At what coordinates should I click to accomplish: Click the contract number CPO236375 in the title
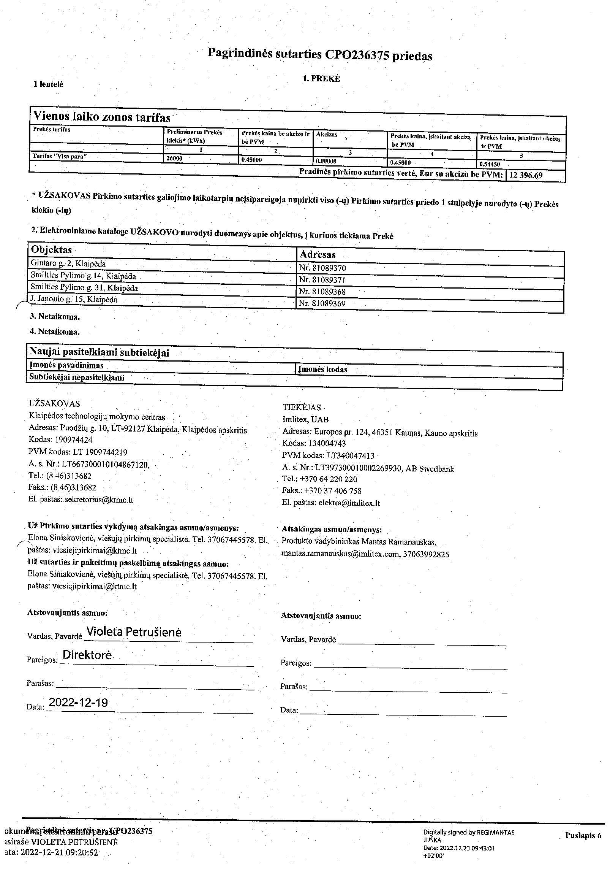tap(357, 56)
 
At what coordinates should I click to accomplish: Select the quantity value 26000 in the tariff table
tap(175, 158)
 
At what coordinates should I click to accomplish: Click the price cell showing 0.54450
tap(490, 164)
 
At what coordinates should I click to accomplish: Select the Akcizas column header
tap(327, 135)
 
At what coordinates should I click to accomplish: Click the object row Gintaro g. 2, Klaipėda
tap(68, 263)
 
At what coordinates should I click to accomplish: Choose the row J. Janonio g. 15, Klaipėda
tap(74, 300)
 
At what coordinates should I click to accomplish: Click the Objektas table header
tap(51, 250)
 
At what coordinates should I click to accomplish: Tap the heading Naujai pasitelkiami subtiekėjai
tap(99, 352)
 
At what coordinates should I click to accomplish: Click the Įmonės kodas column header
tap(323, 369)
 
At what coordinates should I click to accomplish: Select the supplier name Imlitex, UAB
tap(305, 420)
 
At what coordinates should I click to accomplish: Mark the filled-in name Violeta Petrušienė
tap(134, 632)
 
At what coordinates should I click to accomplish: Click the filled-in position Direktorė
tap(87, 655)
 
